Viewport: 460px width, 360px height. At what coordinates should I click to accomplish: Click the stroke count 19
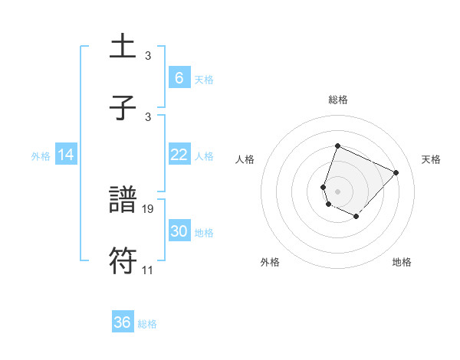[149, 208]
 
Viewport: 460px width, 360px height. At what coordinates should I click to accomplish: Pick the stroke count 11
[149, 270]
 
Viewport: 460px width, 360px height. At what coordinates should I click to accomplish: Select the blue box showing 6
[179, 77]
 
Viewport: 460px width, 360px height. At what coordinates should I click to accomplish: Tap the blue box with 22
[179, 155]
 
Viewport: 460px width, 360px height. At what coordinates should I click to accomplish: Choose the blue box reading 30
[179, 231]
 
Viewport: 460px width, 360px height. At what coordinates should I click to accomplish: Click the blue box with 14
[66, 155]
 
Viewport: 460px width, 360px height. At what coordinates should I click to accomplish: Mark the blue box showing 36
[123, 322]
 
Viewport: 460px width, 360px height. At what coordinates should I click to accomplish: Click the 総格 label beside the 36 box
[147, 324]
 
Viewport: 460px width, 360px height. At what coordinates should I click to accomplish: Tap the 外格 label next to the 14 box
[41, 156]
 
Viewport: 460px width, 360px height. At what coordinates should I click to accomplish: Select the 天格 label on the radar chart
[431, 159]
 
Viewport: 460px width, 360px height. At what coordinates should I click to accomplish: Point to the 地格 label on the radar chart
[402, 262]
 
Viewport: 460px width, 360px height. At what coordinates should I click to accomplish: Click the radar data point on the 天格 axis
[396, 172]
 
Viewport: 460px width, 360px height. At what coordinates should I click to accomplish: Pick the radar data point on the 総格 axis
[337, 146]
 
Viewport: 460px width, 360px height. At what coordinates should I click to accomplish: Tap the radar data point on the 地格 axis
[356, 218]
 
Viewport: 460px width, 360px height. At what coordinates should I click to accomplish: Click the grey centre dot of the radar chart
[337, 191]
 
